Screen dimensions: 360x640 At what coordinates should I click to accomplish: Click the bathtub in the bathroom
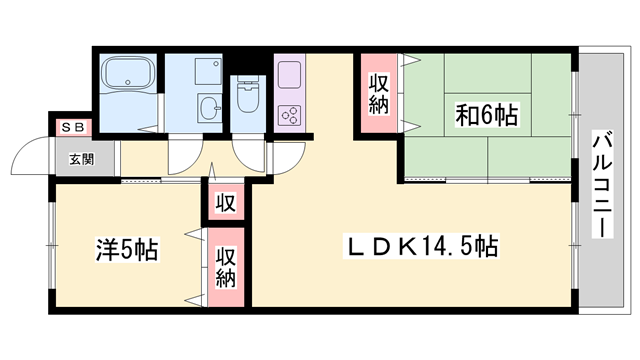pos(128,75)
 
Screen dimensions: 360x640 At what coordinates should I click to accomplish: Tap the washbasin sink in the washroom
pos(209,107)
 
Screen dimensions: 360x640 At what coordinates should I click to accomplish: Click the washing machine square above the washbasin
pos(210,70)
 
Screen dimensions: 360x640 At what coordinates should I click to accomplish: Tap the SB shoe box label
pos(73,127)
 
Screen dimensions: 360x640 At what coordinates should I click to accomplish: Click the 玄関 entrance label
pos(82,158)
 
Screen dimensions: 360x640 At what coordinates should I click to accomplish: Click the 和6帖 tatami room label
pos(486,115)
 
